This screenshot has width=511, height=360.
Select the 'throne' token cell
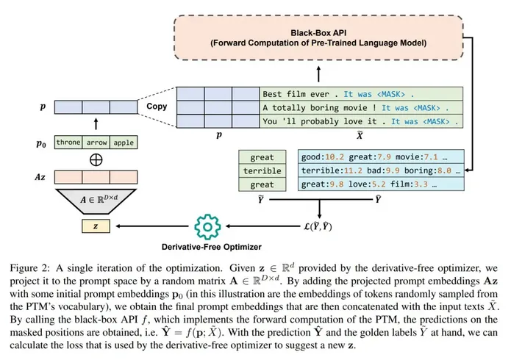[x=68, y=143]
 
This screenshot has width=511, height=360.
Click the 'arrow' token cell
[x=96, y=143]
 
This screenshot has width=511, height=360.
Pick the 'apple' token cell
[x=124, y=143]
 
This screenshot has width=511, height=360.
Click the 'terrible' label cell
[x=262, y=170]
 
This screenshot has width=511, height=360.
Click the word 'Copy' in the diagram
[x=157, y=107]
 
